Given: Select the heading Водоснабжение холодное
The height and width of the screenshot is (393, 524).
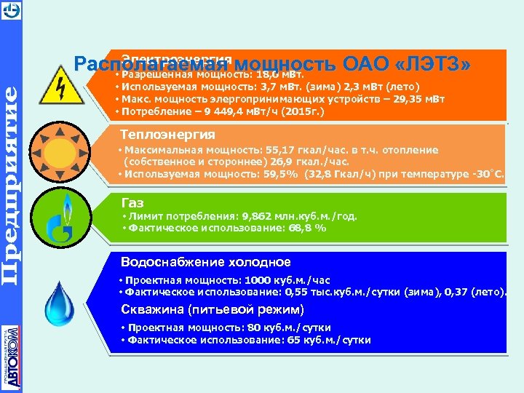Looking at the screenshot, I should pos(205,262).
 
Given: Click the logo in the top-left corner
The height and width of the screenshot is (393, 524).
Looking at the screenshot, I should pos(11,10).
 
